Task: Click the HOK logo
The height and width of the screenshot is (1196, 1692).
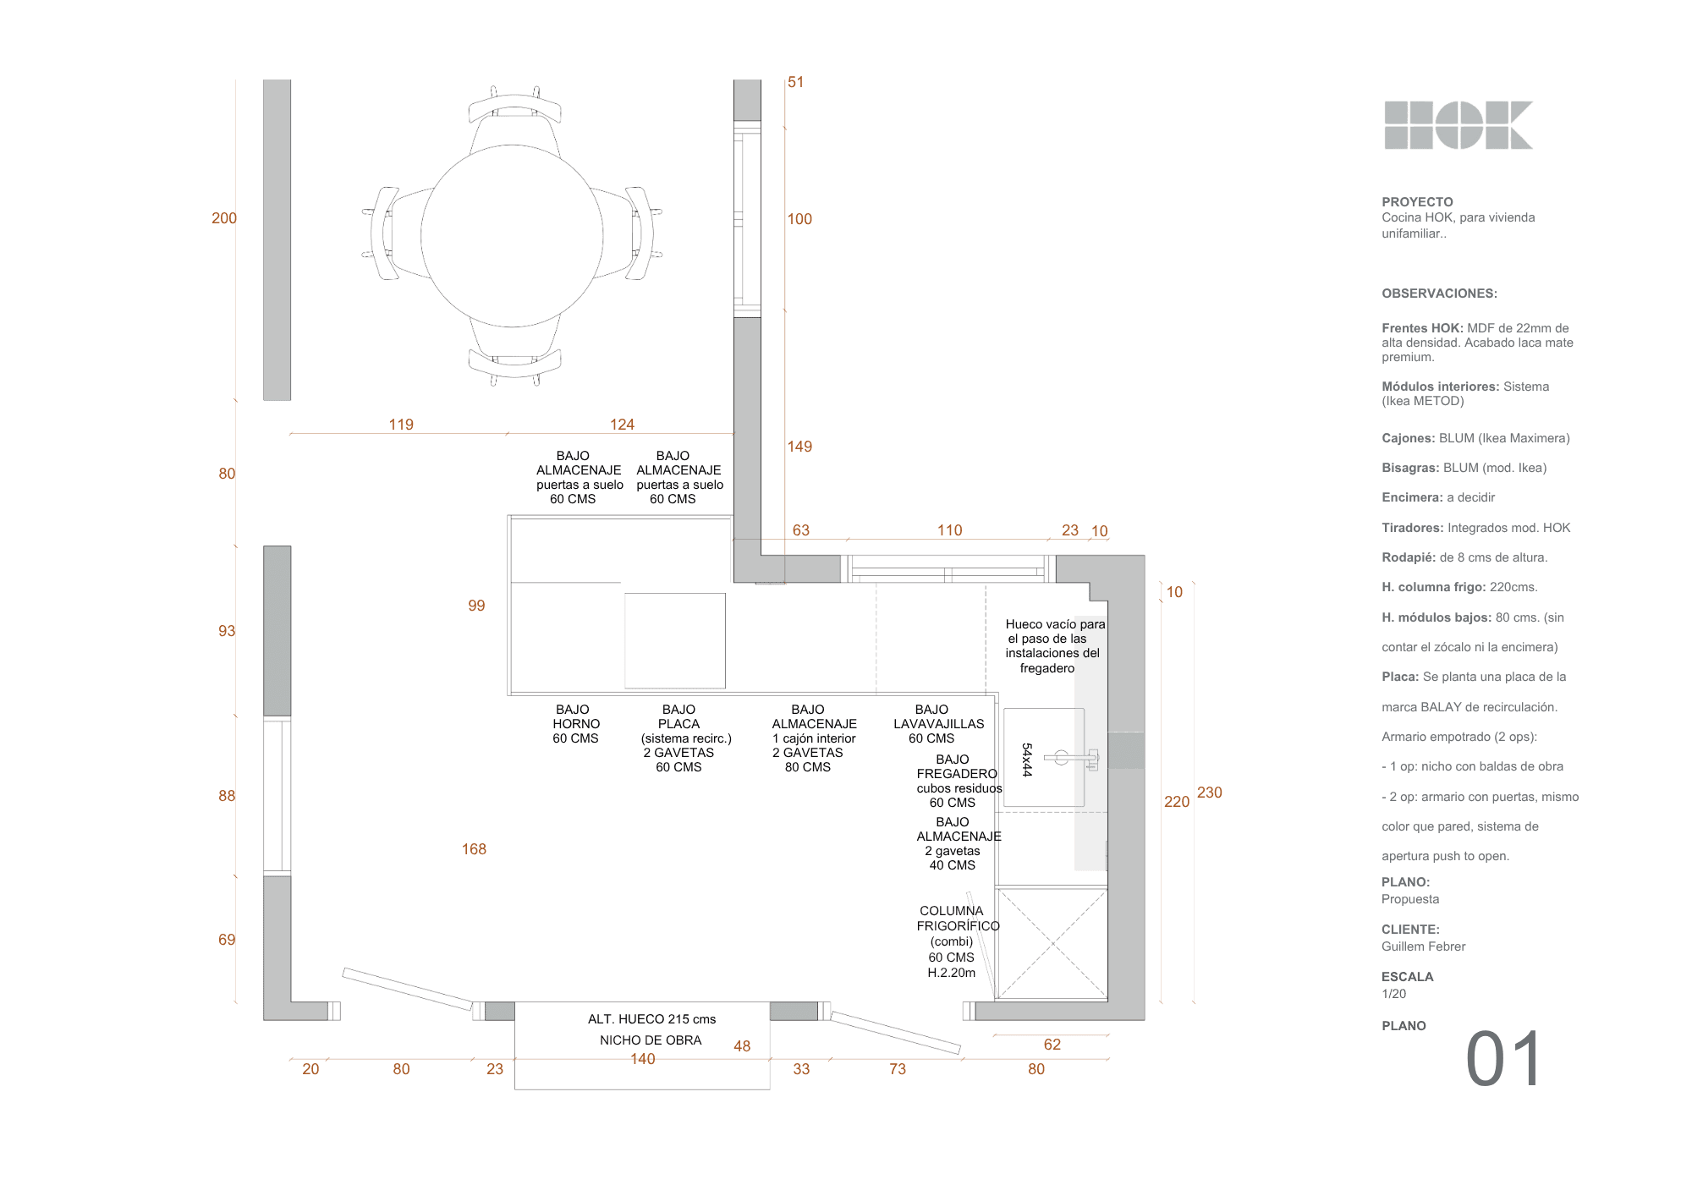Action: (x=1459, y=125)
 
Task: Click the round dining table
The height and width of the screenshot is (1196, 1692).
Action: (x=512, y=236)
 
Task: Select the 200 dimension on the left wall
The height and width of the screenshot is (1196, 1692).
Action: (x=224, y=218)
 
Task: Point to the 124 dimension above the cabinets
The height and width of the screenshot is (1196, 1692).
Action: (x=622, y=425)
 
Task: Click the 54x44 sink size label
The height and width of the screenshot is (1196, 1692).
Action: (x=1027, y=760)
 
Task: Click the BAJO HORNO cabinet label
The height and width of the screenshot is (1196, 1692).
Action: (x=575, y=724)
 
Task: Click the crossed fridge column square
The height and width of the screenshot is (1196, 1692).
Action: (x=1052, y=942)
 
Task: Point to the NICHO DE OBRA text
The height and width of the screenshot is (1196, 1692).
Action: (x=651, y=1040)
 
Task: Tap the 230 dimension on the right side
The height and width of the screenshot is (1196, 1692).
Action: (x=1210, y=793)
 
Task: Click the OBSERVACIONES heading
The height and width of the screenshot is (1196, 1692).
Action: (x=1439, y=294)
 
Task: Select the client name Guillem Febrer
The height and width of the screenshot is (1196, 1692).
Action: (x=1423, y=946)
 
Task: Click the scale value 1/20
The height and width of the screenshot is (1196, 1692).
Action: (x=1393, y=994)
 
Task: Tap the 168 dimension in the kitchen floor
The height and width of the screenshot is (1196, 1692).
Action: (x=474, y=849)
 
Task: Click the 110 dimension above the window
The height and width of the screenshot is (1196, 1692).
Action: (x=949, y=530)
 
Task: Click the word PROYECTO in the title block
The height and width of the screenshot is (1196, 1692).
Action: (x=1417, y=202)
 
